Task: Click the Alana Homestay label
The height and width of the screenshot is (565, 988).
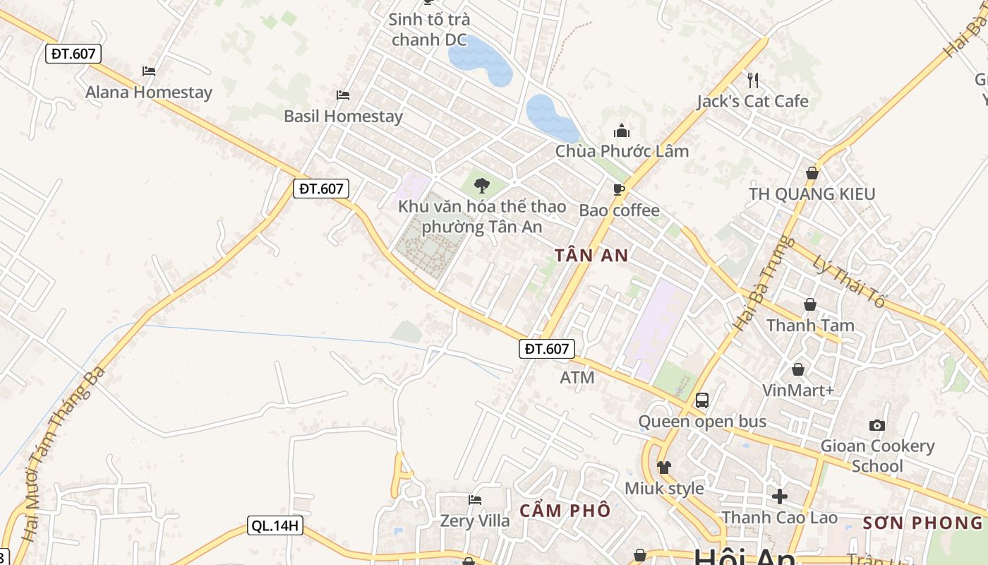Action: [148, 93]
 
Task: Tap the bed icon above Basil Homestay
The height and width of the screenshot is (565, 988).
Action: [343, 95]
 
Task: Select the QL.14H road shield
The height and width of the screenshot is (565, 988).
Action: [275, 525]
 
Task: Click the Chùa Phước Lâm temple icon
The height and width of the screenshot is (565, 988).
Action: [622, 131]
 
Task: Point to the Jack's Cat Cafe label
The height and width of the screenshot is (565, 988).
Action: [752, 102]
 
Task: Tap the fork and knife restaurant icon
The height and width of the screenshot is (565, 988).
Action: [753, 80]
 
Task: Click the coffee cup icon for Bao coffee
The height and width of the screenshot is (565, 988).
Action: [619, 189]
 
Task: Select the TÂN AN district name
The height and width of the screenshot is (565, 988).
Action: [591, 256]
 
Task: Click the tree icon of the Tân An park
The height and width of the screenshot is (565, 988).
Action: [482, 186]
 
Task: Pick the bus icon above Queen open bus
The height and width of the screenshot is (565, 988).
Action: [702, 400]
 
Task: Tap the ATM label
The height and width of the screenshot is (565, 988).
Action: [577, 378]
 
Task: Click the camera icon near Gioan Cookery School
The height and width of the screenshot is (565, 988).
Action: [877, 425]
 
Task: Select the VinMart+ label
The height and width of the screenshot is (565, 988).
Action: [798, 391]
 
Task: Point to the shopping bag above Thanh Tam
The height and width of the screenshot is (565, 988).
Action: [810, 304]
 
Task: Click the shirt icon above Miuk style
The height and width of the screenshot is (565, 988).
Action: [664, 467]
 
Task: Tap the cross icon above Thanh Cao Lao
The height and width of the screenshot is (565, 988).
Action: [780, 496]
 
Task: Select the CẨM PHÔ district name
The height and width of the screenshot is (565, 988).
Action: [565, 511]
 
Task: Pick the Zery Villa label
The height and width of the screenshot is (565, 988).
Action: [475, 521]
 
